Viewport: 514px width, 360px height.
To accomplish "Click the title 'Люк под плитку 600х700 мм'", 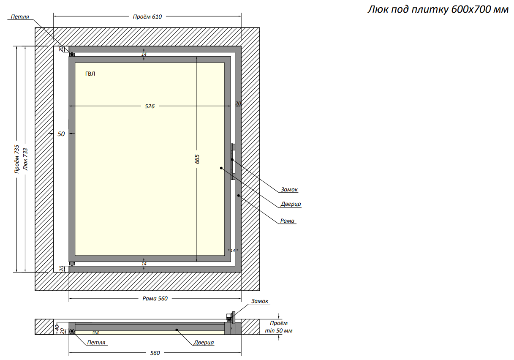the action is pyautogui.click(x=438, y=9).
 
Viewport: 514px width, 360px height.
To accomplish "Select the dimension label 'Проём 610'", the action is pyautogui.click(x=147, y=16).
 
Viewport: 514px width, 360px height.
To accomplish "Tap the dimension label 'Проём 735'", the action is pyautogui.click(x=17, y=159).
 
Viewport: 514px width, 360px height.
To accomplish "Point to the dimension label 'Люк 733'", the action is pyautogui.click(x=25, y=159).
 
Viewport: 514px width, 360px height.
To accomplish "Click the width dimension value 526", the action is pyautogui.click(x=150, y=106).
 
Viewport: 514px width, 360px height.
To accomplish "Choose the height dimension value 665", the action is pyautogui.click(x=197, y=159).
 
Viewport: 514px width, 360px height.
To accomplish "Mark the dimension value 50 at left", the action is pyautogui.click(x=61, y=134).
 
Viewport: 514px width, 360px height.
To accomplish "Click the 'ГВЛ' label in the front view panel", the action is pyautogui.click(x=90, y=74).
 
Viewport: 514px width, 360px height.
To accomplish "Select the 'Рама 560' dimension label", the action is pyautogui.click(x=155, y=298).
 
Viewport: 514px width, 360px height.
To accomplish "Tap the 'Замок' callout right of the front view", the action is pyautogui.click(x=289, y=189).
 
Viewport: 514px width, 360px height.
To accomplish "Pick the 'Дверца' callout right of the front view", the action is pyautogui.click(x=291, y=204).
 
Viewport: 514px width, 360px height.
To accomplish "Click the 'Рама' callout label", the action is pyautogui.click(x=287, y=221).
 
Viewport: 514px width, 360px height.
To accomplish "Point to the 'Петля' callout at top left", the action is pyautogui.click(x=20, y=16).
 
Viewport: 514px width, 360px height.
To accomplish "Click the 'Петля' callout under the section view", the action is pyautogui.click(x=96, y=342).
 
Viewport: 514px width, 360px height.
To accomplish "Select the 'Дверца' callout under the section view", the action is pyautogui.click(x=204, y=342).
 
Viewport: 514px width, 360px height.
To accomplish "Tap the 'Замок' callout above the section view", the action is pyautogui.click(x=259, y=301).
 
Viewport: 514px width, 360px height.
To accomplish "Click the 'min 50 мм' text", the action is pyautogui.click(x=279, y=330).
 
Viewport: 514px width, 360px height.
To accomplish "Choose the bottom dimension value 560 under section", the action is pyautogui.click(x=155, y=353).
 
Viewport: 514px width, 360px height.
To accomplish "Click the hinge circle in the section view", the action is pyautogui.click(x=72, y=331).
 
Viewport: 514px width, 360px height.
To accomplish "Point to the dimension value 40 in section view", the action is pyautogui.click(x=57, y=327).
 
